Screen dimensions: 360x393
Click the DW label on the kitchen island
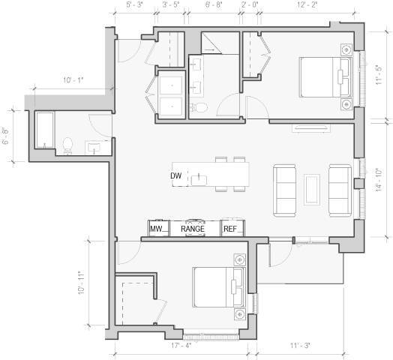[x=176, y=175]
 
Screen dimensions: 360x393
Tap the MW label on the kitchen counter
[x=157, y=229]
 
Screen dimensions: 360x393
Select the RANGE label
[x=193, y=229]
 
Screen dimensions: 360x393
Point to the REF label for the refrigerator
[x=231, y=229]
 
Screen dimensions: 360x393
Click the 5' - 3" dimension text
[x=134, y=4]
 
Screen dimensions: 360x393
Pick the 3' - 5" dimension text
[x=170, y=4]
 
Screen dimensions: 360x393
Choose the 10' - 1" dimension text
[x=73, y=80]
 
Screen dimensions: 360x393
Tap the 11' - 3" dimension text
[x=299, y=346]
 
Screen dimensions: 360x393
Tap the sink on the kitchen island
[x=199, y=178]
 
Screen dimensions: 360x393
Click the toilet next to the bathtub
[x=67, y=145]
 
